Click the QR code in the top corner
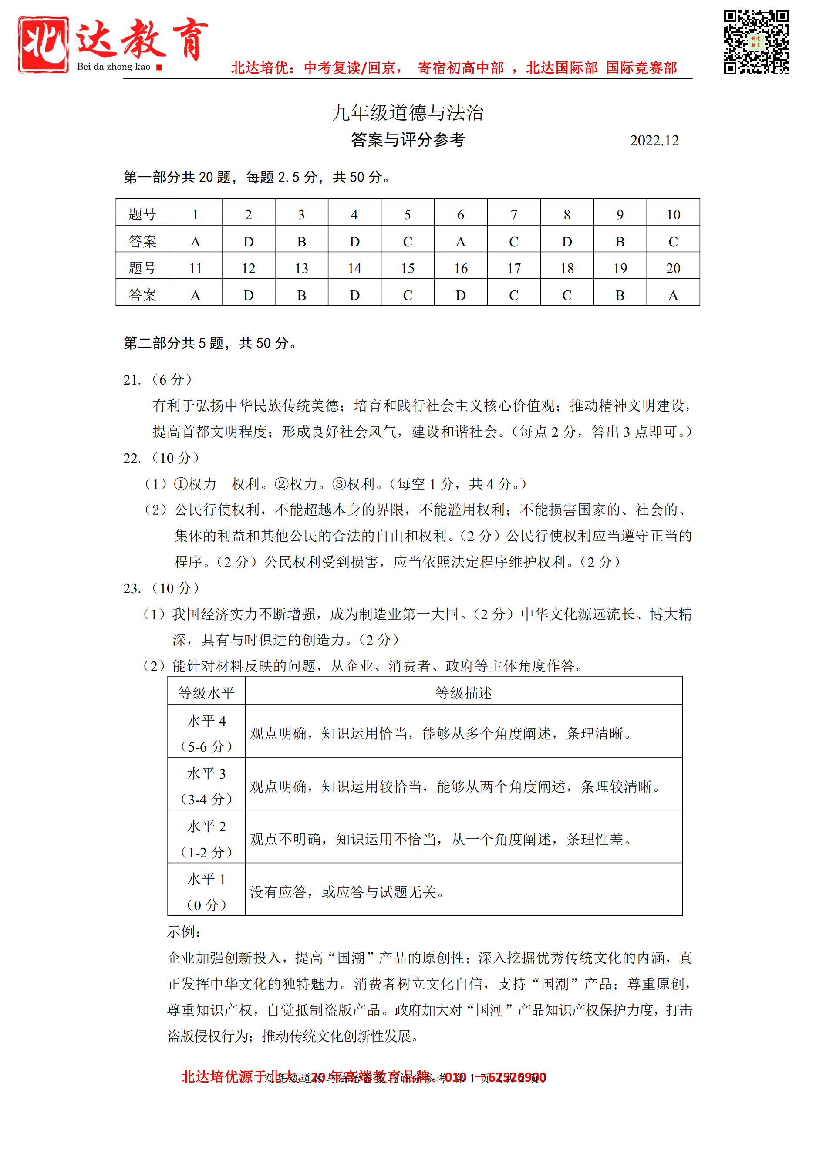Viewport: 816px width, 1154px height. coord(756,42)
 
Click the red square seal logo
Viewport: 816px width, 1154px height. coord(43,44)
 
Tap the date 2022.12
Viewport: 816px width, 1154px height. coord(654,141)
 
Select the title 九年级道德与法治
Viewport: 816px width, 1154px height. coord(408,113)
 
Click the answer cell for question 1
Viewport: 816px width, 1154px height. coord(196,242)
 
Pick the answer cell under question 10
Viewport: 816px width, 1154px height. coord(673,242)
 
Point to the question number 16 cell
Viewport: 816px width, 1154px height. coord(461,268)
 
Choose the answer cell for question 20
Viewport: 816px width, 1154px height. coord(673,295)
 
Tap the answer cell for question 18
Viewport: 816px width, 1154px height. coord(567,295)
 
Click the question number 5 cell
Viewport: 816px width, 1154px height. coord(408,215)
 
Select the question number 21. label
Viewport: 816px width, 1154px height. coord(132,380)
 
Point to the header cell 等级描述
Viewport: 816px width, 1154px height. coord(463,693)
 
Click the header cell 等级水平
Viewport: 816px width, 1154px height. coord(206,693)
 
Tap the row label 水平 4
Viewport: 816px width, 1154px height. coord(206,721)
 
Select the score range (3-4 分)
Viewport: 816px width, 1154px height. coord(206,799)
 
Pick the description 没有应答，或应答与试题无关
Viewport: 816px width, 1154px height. coord(347,892)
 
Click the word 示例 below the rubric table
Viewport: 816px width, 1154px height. coord(184,932)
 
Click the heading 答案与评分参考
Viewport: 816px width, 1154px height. coord(408,140)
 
